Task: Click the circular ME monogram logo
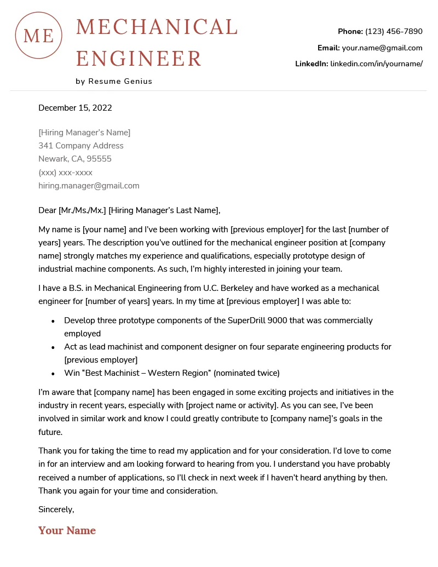[x=38, y=35]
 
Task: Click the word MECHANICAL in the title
[x=157, y=27]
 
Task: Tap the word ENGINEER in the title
[x=139, y=58]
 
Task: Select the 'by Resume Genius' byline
[x=114, y=81]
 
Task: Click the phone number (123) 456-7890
[x=394, y=31]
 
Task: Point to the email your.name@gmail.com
[x=382, y=48]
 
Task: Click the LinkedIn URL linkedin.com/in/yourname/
[x=376, y=64]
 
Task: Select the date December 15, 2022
[x=75, y=108]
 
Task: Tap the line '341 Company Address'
[x=81, y=146]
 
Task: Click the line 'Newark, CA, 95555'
[x=75, y=159]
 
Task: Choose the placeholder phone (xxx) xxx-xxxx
[x=65, y=173]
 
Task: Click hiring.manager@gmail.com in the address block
[x=89, y=186]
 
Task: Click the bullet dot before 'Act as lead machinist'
[x=53, y=347]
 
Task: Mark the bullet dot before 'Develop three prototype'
[x=53, y=321]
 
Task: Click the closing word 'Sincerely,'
[x=56, y=509]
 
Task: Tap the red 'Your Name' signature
[x=67, y=530]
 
